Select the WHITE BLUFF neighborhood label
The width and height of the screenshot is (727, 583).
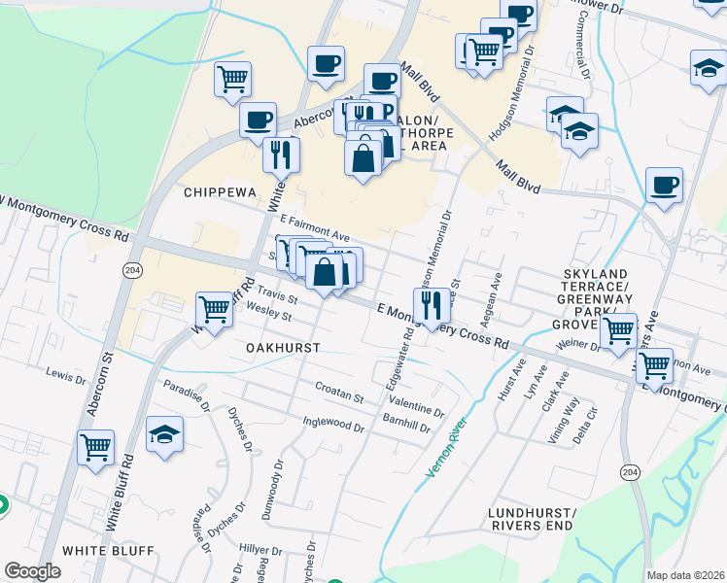pyautogui.click(x=108, y=551)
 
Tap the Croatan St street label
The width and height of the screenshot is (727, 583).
pyautogui.click(x=338, y=398)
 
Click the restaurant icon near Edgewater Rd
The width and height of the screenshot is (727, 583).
pyautogui.click(x=429, y=304)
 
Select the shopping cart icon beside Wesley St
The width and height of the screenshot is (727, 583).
pyautogui.click(x=213, y=310)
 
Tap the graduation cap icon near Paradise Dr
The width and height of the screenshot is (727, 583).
pyautogui.click(x=164, y=434)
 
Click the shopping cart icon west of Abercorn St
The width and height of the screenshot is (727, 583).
pyautogui.click(x=96, y=448)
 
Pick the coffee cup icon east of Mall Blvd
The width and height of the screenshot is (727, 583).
pyautogui.click(x=664, y=185)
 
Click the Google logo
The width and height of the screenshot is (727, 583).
pyautogui.click(x=32, y=572)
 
